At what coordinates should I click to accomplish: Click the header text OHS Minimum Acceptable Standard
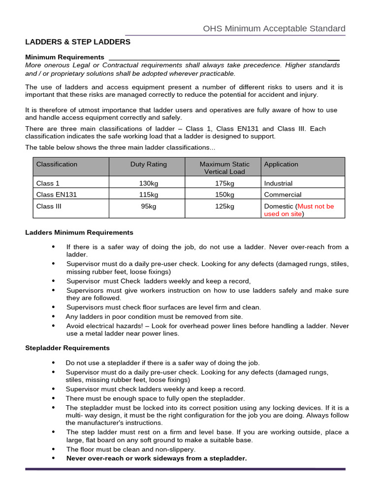tap(274, 28)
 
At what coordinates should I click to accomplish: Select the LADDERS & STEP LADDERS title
tap(78, 42)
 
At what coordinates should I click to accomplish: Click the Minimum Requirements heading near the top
tap(65, 57)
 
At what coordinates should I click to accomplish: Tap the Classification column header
tap(57, 164)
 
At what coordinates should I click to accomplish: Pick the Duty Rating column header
tap(148, 164)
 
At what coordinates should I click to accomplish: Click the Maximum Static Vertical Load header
tap(224, 168)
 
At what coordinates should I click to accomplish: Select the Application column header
tap(281, 164)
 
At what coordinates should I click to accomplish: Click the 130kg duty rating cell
tap(148, 183)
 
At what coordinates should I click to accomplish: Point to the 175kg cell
tap(224, 183)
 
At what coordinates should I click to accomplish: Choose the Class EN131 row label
tap(57, 195)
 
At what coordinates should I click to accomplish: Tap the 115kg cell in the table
tap(148, 195)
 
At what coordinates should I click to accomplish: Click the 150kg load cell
tap(224, 195)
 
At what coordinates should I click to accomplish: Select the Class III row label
tap(49, 206)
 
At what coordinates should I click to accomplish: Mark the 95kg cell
tap(148, 206)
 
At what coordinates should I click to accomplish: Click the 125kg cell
tap(224, 206)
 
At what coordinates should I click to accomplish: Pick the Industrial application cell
tap(278, 183)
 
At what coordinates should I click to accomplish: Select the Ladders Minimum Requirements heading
tap(79, 232)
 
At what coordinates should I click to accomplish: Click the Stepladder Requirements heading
tap(67, 348)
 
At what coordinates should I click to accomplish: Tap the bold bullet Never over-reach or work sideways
tap(157, 458)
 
